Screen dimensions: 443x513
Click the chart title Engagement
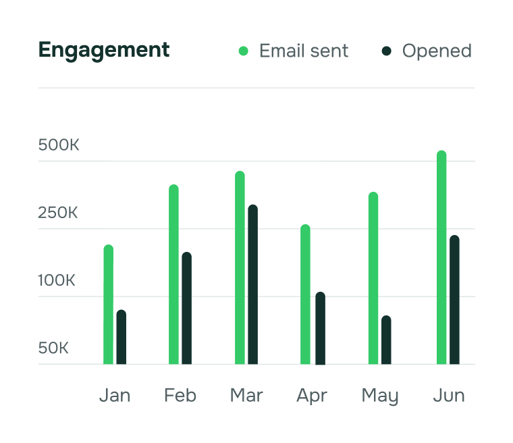[x=104, y=50]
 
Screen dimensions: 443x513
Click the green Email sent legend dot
[x=244, y=51]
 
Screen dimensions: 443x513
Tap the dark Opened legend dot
[x=387, y=51]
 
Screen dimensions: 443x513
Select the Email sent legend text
[x=304, y=51]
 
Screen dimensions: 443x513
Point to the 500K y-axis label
[x=59, y=145]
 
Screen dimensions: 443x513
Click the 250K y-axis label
[x=59, y=213]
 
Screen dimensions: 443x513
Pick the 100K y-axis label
[x=57, y=280]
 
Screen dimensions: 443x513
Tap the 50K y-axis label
[x=54, y=348]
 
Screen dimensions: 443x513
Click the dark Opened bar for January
[x=122, y=338]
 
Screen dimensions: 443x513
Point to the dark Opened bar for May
[x=386, y=340]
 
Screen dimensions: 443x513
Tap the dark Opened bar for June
[x=454, y=301]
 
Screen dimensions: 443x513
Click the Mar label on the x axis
[x=246, y=395]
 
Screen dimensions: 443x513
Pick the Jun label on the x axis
[x=449, y=395]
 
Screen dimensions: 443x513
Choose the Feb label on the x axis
[x=180, y=395]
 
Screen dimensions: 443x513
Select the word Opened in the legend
[x=437, y=51]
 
